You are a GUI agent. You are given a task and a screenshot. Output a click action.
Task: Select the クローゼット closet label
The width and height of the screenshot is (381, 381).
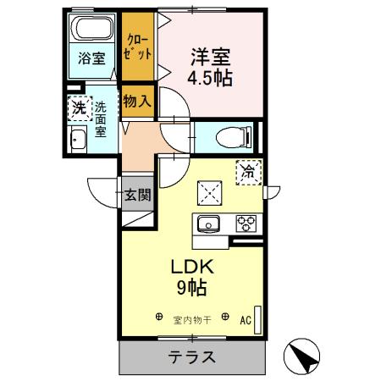pos(138,45)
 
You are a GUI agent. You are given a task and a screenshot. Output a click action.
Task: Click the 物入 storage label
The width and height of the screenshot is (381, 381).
pos(137,101)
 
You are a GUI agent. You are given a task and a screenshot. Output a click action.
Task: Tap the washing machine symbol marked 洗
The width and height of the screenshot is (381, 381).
pos(78,108)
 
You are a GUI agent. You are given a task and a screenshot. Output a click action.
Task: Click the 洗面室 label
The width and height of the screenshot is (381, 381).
pos(100,119)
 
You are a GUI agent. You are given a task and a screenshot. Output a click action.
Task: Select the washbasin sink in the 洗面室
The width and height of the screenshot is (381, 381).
pos(77,142)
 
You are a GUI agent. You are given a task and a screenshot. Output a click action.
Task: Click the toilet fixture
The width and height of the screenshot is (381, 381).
pos(231,135)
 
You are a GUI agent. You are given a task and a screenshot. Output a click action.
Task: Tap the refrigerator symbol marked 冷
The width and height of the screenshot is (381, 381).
pos(250,171)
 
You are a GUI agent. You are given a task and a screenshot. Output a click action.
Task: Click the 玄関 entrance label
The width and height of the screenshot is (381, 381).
pos(138,194)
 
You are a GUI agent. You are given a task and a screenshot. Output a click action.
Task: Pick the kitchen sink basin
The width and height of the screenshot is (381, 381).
pos(208,224)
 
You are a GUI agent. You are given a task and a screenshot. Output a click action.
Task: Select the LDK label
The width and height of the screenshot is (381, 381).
pos(194,267)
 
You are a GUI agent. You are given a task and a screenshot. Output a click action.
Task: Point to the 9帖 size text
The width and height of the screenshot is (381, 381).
pos(194,287)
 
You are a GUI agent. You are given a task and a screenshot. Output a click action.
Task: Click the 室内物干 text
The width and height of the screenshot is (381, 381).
pos(192,319)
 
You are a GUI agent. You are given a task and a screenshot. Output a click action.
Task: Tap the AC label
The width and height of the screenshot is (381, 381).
pos(245,320)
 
